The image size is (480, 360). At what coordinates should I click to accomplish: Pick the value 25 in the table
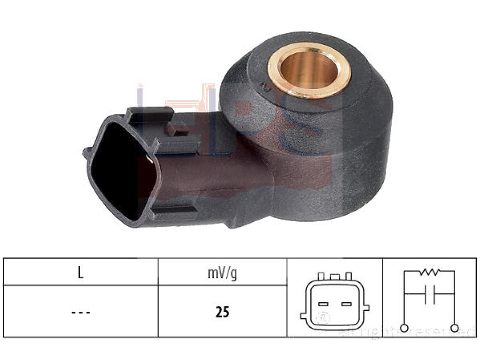click(222, 312)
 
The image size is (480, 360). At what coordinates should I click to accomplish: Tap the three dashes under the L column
click(81, 312)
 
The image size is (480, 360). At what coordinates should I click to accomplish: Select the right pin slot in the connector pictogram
click(346, 304)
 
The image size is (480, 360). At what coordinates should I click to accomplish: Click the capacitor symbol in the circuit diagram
click(429, 294)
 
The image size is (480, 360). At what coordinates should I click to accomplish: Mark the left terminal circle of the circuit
click(405, 327)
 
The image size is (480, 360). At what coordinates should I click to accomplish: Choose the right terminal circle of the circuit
click(454, 327)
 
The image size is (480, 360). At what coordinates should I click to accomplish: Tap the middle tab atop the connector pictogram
click(334, 277)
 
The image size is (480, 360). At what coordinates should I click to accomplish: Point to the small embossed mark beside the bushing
click(264, 86)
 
